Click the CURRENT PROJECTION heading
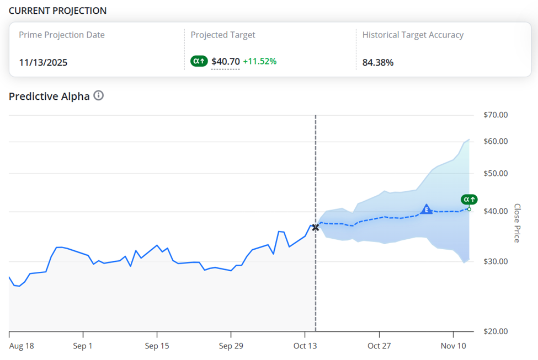pos(57,11)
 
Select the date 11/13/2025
pos(43,62)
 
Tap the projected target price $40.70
pos(226,62)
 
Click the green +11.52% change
pos(260,62)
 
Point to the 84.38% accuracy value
pos(378,62)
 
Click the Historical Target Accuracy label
pos(413,35)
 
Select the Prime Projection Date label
pos(62,35)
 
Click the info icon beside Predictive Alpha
pos(99,96)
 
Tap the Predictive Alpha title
pos(49,96)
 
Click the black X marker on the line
pos(316,227)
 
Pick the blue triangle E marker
pos(426,209)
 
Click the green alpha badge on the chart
pos(469,200)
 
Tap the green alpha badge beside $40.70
pos(199,62)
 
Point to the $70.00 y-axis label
pos(495,115)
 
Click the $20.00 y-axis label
pos(495,331)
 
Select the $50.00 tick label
pos(495,174)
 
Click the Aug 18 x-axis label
pos(22,346)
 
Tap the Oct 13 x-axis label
pos(306,346)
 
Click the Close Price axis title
pos(517,223)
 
